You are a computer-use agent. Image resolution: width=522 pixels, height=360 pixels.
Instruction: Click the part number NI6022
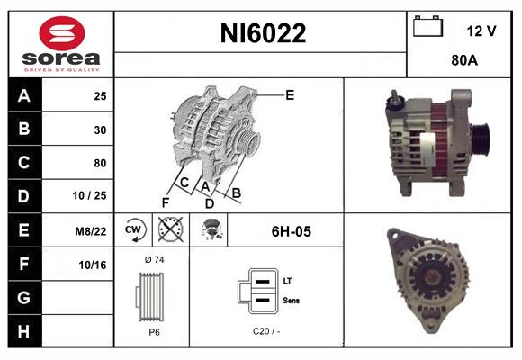pyautogui.click(x=263, y=34)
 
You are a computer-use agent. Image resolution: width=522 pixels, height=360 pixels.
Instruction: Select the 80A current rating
pyautogui.click(x=463, y=62)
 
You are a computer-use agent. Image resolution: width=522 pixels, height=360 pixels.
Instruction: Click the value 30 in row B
pyautogui.click(x=100, y=130)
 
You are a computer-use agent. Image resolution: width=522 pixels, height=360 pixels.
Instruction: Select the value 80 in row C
pyautogui.click(x=100, y=163)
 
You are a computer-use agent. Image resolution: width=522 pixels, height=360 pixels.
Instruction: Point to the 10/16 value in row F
pyautogui.click(x=93, y=265)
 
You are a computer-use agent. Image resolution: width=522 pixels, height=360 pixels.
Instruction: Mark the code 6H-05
pyautogui.click(x=291, y=231)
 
